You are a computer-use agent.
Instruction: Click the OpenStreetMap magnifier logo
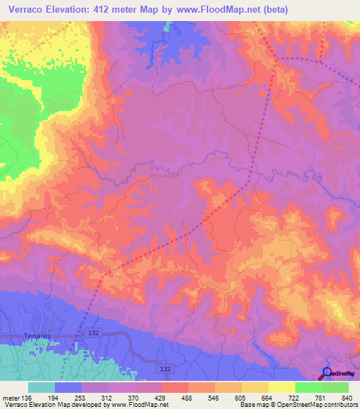[x=328, y=373]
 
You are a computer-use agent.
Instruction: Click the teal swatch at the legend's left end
[x=41, y=387]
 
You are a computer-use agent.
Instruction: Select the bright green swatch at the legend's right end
[x=335, y=387]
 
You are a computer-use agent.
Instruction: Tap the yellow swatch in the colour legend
[x=282, y=387]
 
